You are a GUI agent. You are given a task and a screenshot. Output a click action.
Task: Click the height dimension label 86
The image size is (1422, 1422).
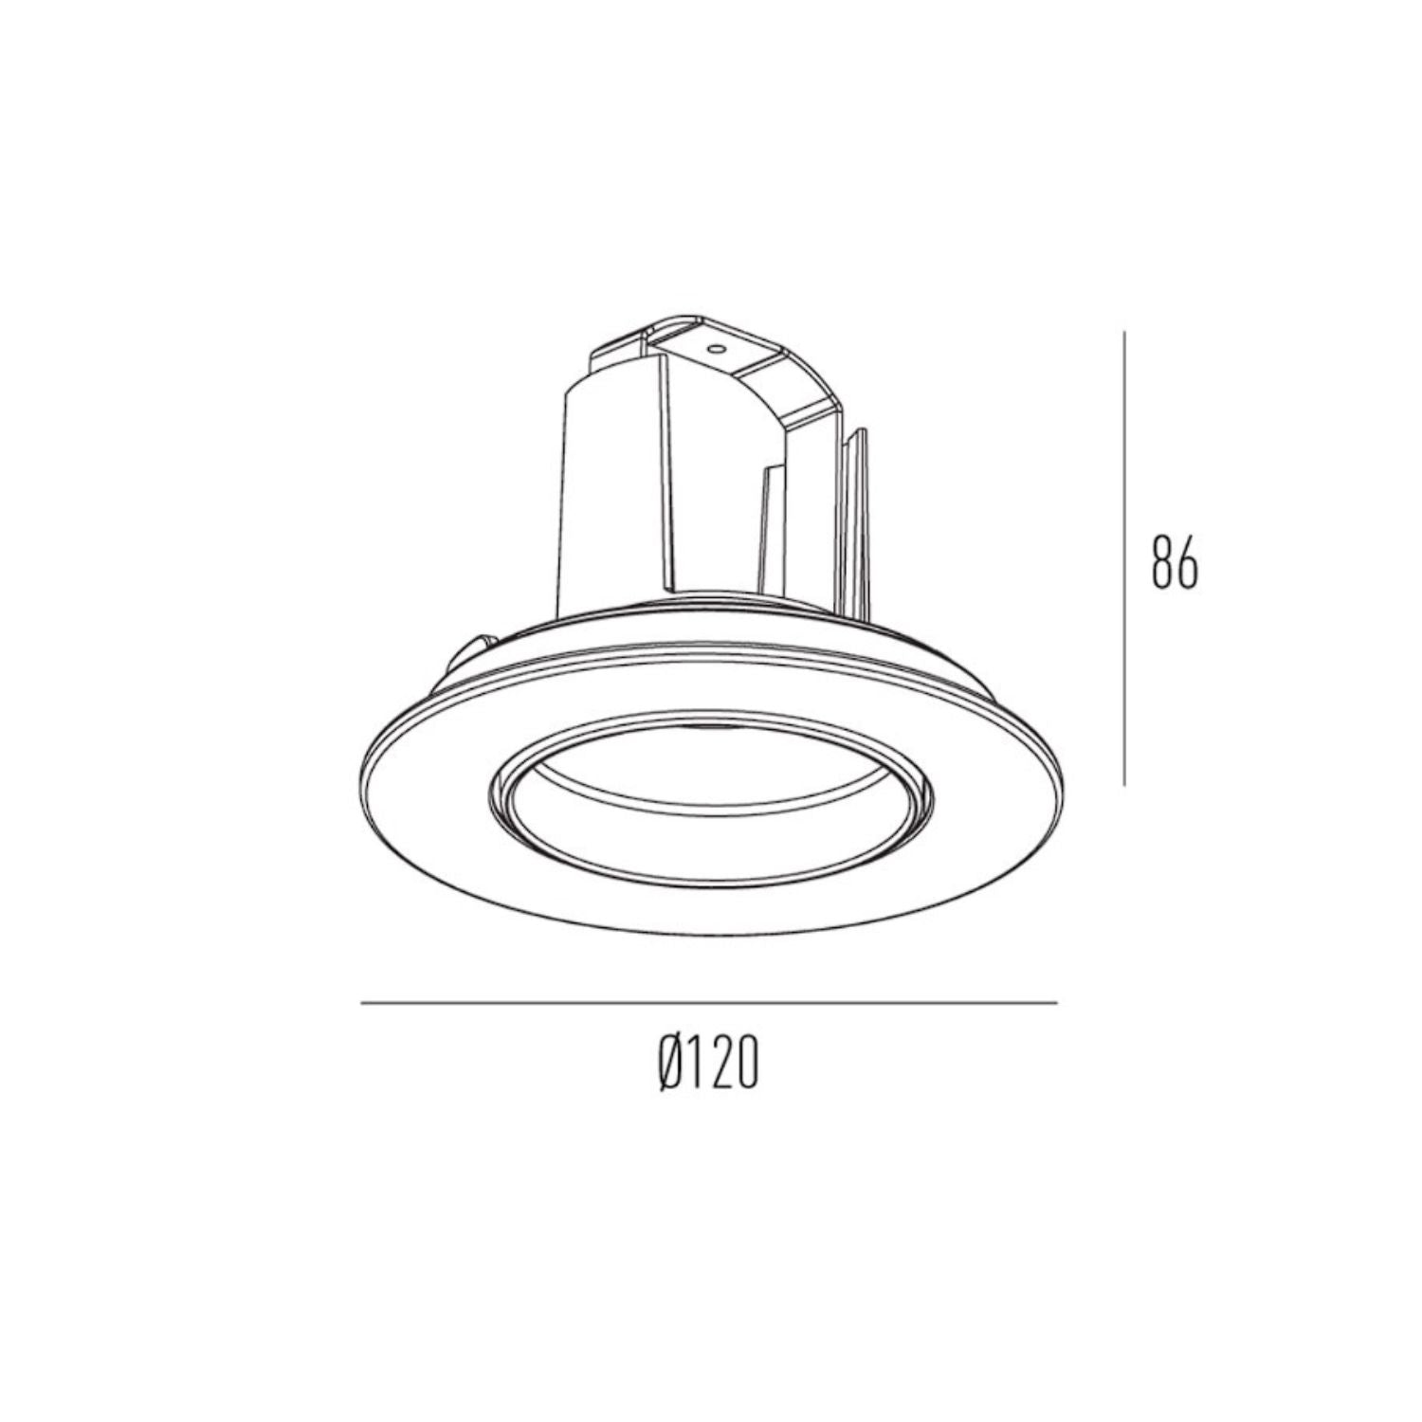tap(1175, 562)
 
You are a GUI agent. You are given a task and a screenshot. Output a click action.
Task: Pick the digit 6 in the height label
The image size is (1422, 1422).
tap(1187, 562)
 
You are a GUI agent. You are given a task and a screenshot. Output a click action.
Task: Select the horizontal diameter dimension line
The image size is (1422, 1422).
tap(709, 1002)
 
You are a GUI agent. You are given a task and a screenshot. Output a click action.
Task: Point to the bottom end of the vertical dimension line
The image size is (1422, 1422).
tap(1124, 783)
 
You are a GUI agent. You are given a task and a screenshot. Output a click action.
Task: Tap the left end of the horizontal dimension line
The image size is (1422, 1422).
tap(363, 1002)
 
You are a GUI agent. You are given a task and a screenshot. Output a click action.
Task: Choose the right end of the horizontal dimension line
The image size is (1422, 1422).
tap(1055, 1002)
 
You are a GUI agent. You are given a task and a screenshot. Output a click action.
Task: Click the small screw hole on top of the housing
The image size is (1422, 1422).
tap(717, 348)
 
